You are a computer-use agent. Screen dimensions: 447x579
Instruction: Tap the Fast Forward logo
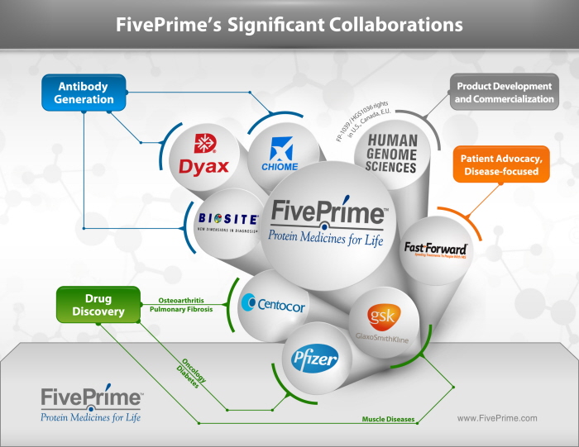point(436,249)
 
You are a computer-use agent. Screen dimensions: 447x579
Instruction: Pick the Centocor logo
point(273,305)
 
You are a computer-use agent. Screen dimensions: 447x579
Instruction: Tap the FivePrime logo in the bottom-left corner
point(92,402)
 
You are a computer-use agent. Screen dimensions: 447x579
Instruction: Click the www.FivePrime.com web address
point(497,418)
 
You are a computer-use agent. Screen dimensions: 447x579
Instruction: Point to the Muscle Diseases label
point(388,419)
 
